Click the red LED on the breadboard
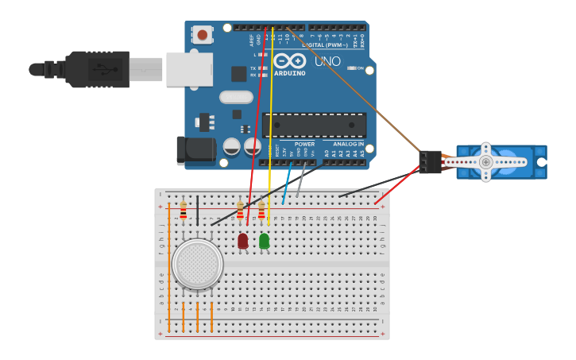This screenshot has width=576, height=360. pos(243,241)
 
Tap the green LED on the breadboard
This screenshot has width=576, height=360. pos(264,241)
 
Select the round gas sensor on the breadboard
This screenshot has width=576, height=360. pos(197,264)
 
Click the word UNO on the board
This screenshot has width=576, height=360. pos(327,61)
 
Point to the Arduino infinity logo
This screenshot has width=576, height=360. pos(289,60)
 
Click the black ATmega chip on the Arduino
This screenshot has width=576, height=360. pos(314,125)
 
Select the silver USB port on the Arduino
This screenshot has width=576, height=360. pos(189,69)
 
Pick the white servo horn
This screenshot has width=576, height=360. pos(486,162)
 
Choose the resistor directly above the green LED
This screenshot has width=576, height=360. pos(261,211)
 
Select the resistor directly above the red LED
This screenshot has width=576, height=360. pos(241,211)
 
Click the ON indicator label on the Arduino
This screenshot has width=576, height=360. pos(360,68)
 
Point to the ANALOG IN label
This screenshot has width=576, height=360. pos(348,144)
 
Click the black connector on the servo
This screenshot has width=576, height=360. pos(430,161)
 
